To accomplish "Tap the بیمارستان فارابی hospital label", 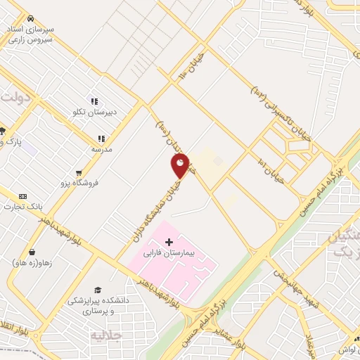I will click(x=172, y=250).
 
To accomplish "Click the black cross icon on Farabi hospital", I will click(x=169, y=242).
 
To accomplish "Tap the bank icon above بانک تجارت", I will click(x=22, y=196).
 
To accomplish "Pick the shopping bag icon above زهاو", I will click(x=32, y=251).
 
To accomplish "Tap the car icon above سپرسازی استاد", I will click(x=30, y=19).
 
